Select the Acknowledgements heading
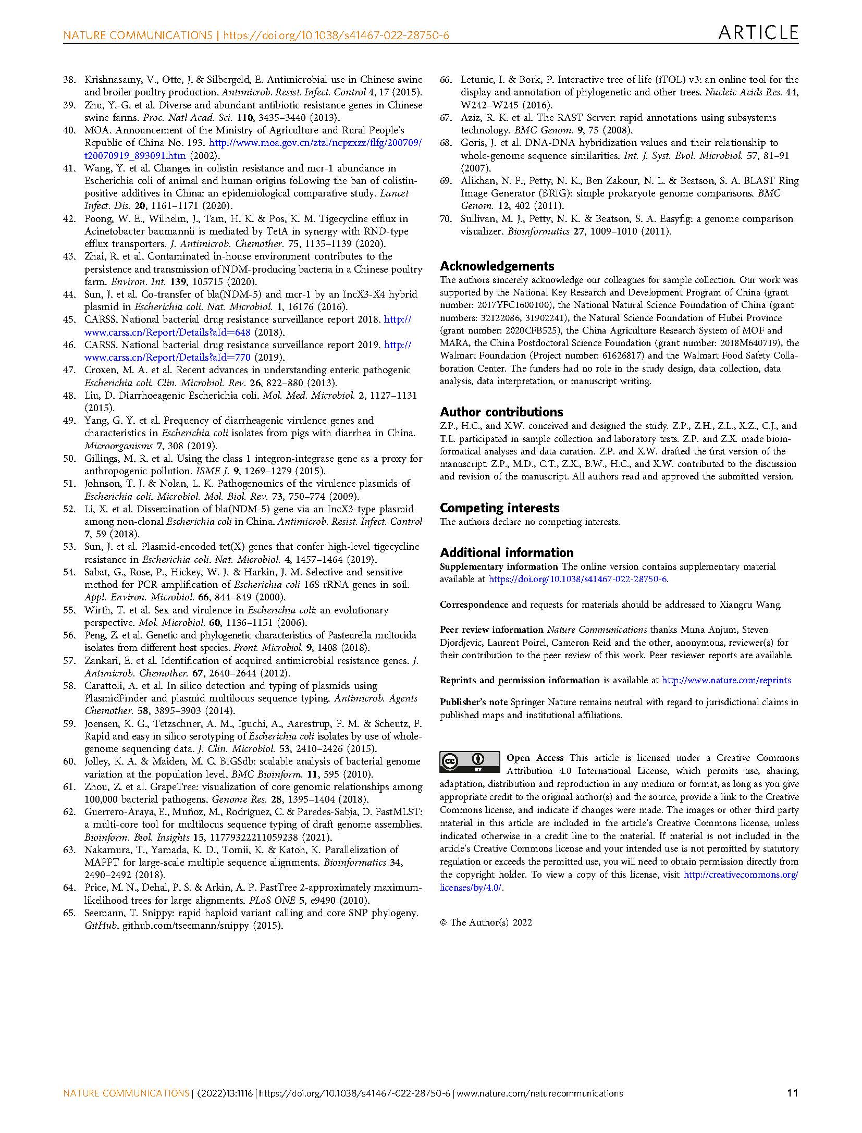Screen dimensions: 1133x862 coord(497,266)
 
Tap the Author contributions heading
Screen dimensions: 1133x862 coord(501,412)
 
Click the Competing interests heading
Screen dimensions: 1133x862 coord(499,508)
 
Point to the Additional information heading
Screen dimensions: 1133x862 coord(507,552)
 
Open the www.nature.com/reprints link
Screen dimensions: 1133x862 coord(726,680)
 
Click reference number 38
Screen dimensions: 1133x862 coord(69,80)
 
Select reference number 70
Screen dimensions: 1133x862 coord(446,219)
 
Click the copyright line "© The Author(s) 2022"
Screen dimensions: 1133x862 coord(486,922)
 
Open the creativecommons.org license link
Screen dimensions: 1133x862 coord(740,875)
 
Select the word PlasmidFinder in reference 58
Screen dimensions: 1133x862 coord(113,698)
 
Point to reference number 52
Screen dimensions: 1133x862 coord(69,509)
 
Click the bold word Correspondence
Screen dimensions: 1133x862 coord(474,605)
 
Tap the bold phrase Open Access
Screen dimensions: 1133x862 coord(535,758)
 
